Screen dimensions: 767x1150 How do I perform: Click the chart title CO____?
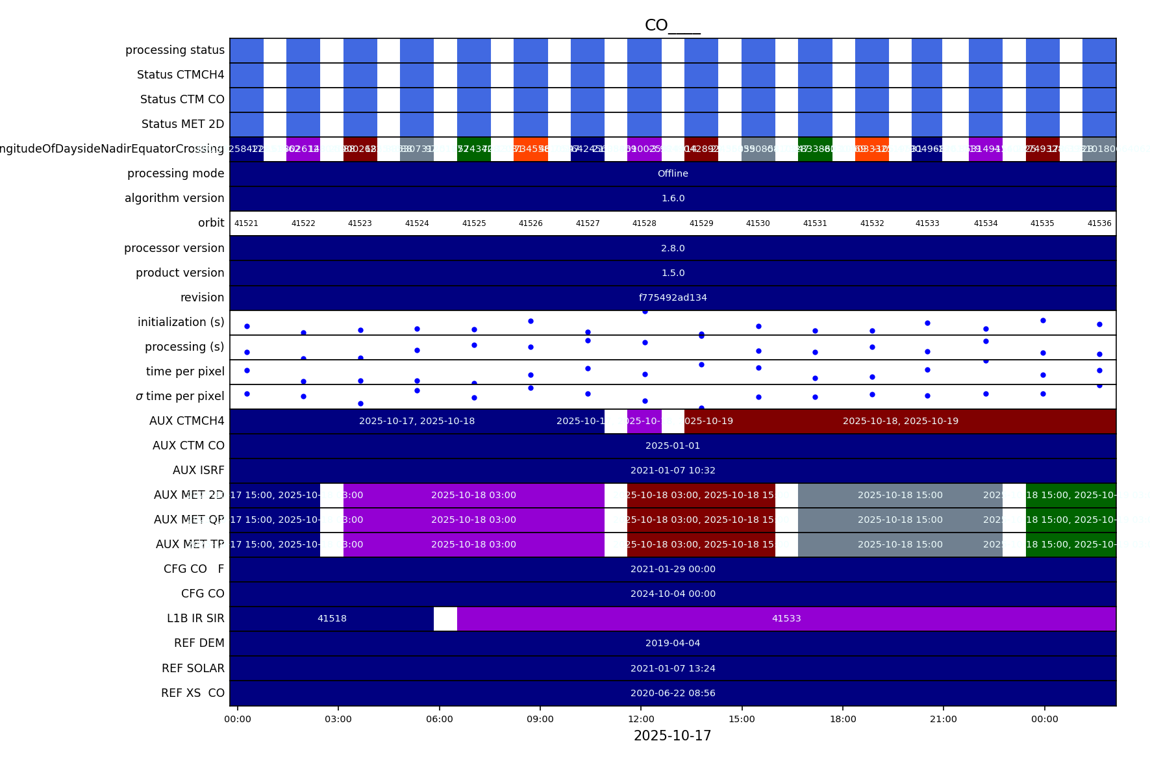coord(672,25)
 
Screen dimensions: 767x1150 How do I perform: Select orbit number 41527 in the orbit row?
coord(588,223)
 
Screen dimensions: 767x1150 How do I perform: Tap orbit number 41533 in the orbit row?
coord(927,223)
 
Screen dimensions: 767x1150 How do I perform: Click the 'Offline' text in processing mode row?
coord(673,173)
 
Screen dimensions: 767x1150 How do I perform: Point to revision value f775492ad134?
coord(673,297)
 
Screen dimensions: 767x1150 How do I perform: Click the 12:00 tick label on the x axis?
coord(641,719)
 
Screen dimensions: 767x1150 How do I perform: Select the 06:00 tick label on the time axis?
coord(440,719)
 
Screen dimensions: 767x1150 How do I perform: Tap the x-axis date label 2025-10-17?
coord(672,736)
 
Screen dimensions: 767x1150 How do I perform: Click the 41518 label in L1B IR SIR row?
coord(332,618)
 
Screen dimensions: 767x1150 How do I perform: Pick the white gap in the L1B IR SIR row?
coord(445,618)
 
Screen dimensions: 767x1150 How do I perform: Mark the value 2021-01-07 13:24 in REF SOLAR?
coord(673,668)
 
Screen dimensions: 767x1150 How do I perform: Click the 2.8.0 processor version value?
coord(673,248)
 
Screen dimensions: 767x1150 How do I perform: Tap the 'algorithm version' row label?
coord(174,198)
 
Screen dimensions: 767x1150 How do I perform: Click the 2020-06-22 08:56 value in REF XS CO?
coord(673,693)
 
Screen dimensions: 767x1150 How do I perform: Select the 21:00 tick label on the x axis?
coord(944,719)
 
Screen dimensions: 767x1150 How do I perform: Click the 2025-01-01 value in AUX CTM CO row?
coord(673,446)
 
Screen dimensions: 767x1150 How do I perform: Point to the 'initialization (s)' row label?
coord(181,322)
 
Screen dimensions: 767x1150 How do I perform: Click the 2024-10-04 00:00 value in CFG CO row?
coord(673,594)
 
